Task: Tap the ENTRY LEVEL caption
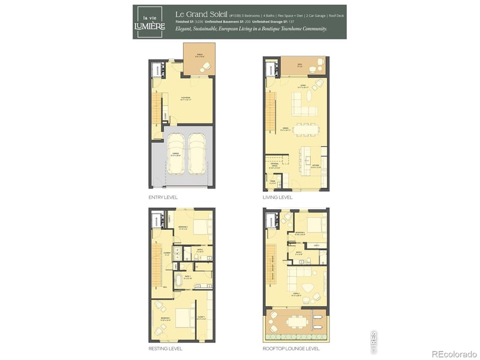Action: coord(163,197)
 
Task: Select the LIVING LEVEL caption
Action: coord(277,197)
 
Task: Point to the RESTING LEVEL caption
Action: coord(165,348)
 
